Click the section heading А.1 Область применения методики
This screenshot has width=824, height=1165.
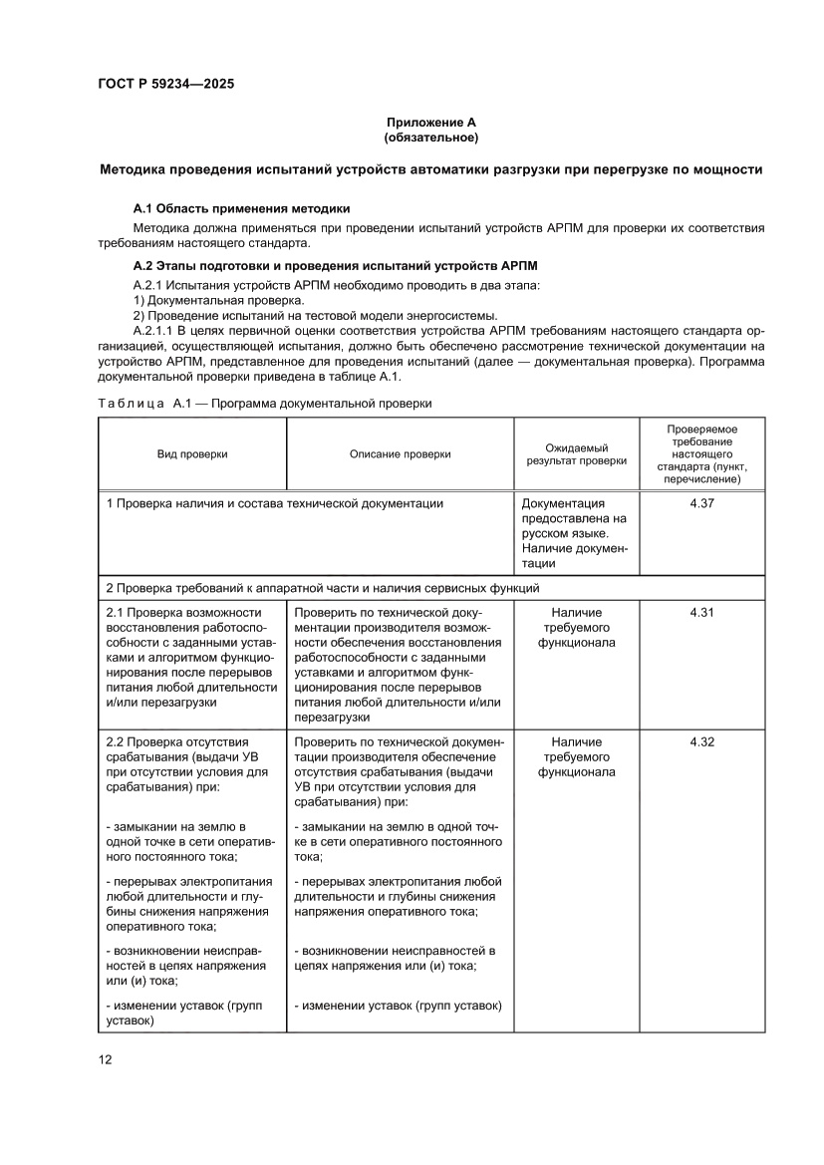tap(242, 208)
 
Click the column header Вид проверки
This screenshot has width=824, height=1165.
tap(192, 454)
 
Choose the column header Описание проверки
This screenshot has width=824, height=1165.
tap(400, 454)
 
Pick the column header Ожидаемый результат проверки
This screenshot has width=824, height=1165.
tap(576, 454)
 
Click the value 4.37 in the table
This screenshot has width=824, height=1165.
tap(701, 503)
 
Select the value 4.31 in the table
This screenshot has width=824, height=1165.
tap(701, 612)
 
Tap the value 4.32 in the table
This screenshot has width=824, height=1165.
tap(701, 741)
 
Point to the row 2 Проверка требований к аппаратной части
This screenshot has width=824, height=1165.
tap(323, 588)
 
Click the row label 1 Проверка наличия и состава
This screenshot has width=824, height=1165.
tap(275, 503)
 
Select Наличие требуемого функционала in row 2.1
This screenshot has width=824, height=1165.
tap(576, 627)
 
